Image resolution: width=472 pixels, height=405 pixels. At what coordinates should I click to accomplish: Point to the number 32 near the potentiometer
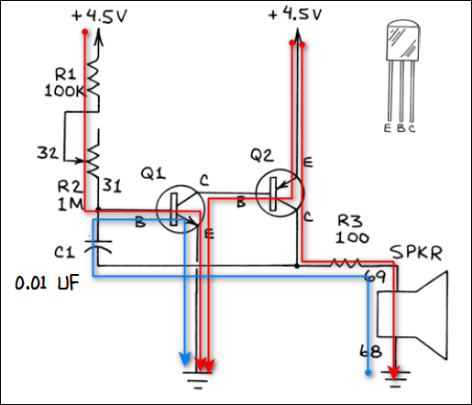(47, 153)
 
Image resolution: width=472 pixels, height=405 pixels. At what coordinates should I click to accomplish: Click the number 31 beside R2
(111, 185)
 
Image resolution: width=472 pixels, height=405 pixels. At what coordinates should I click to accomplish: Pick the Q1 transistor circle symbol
(177, 208)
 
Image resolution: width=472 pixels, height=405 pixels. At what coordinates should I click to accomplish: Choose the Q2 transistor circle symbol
(279, 193)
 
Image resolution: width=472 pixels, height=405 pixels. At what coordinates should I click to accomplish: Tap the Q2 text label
(260, 157)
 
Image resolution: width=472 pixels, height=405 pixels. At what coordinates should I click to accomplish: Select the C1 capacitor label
(63, 250)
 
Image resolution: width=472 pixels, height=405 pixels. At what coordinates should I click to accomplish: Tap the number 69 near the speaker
(373, 275)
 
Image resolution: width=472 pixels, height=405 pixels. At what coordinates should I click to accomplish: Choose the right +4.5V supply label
(295, 15)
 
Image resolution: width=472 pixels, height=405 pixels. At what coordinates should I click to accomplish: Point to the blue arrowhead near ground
(184, 357)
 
